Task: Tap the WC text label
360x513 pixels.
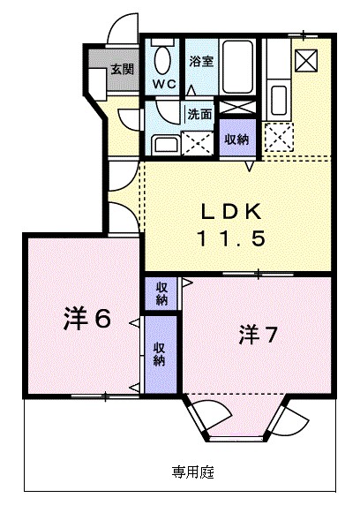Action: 164,84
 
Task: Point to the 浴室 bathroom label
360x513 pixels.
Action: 200,61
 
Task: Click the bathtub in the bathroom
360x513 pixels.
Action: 238,65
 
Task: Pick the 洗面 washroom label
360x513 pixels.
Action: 199,114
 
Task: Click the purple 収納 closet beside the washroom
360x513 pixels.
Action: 236,139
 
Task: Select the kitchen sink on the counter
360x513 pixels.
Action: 279,97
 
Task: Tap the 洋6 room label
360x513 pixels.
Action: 86,319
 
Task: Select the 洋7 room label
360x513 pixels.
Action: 260,336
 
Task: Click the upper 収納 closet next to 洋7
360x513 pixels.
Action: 162,293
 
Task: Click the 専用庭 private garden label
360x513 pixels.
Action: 193,472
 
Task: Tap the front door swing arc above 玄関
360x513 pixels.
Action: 121,30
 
